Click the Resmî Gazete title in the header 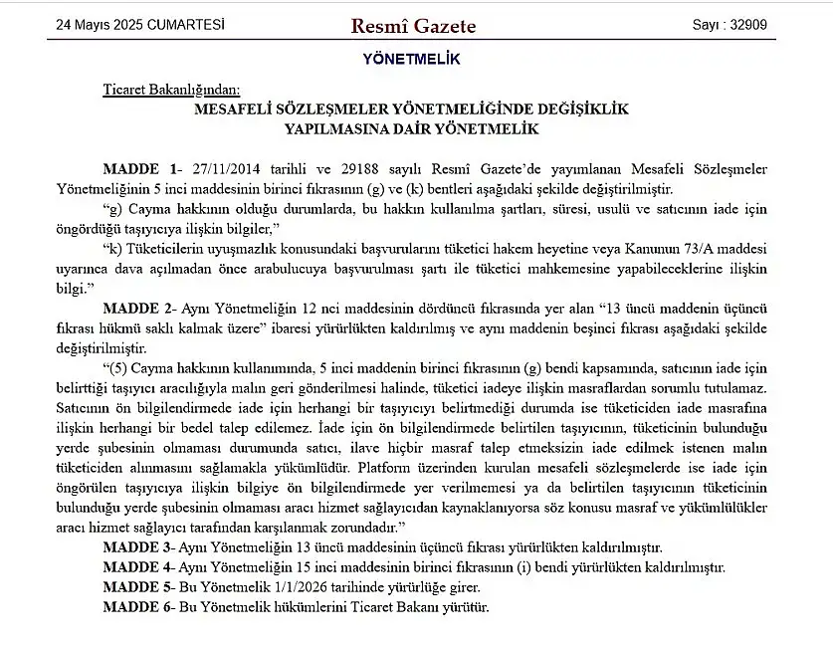(x=413, y=26)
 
